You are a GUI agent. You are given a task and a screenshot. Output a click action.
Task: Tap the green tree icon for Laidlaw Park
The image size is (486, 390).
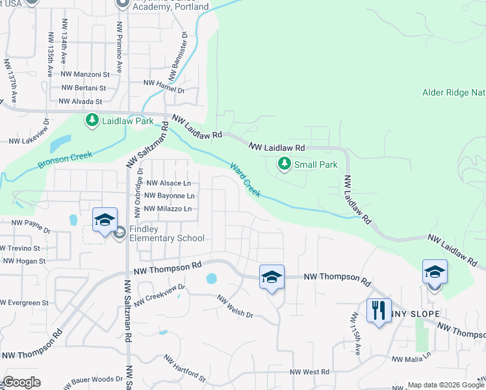click(92, 121)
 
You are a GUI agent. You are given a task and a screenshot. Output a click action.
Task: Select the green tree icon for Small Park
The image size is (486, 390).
click(284, 164)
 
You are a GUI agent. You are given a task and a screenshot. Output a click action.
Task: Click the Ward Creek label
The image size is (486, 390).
click(245, 179)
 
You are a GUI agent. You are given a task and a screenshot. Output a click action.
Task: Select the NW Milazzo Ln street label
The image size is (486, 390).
click(168, 209)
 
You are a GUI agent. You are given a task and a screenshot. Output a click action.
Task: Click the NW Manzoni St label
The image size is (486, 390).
click(83, 75)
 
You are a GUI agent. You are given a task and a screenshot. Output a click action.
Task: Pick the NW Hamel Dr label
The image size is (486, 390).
click(164, 83)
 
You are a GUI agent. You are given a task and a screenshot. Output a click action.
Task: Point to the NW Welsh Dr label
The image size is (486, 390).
click(235, 305)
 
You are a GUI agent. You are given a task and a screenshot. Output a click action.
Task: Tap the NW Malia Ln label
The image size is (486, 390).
click(411, 358)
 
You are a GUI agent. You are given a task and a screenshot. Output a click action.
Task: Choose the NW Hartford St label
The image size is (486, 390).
click(185, 369)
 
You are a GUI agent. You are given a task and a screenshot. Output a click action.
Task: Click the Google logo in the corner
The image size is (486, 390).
click(21, 382)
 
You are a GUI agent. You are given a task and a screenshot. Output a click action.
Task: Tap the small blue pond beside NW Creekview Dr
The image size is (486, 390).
click(211, 279)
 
